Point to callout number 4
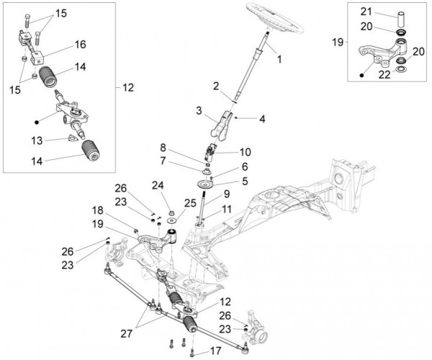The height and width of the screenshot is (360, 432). [x=245, y=181]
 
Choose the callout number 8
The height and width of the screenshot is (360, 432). [x=184, y=147]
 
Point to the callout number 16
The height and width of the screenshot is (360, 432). [x=80, y=44]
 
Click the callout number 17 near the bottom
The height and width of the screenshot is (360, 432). [x=215, y=351]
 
